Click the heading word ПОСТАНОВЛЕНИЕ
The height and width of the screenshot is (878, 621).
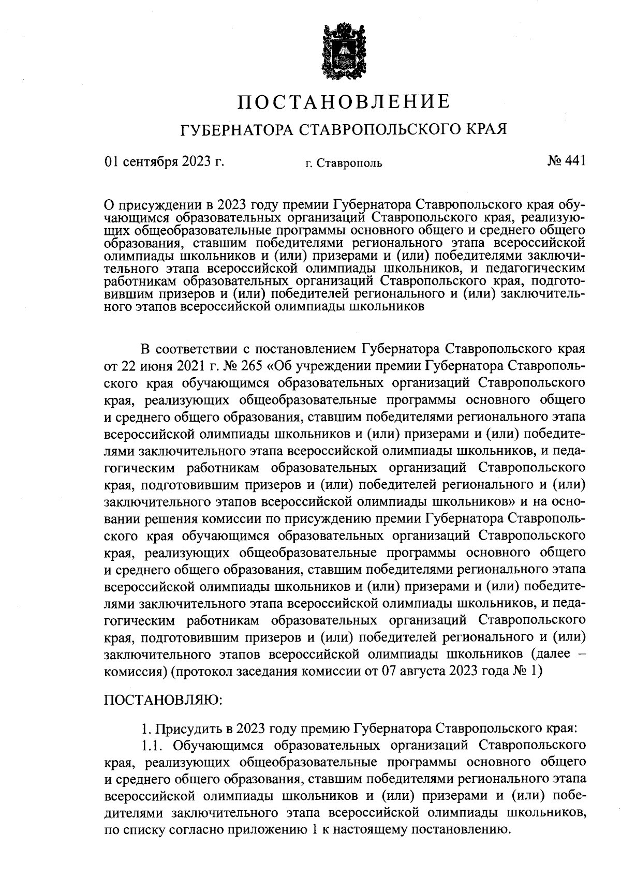344,101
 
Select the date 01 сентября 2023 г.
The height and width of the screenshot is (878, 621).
164,161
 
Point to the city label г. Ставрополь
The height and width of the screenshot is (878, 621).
344,164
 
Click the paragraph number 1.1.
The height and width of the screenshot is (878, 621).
153,746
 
